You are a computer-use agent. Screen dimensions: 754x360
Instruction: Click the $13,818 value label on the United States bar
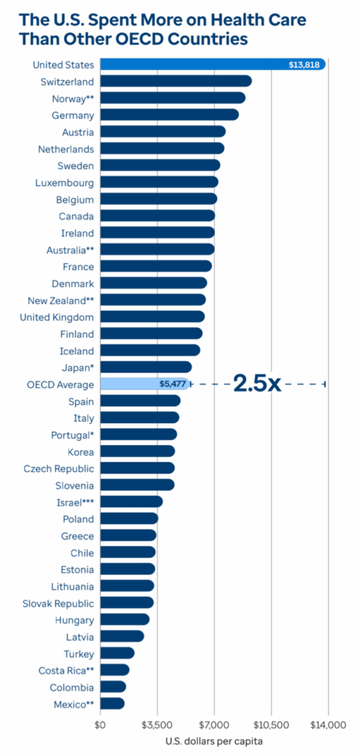[x=303, y=65]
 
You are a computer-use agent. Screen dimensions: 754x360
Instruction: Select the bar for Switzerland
[x=175, y=81]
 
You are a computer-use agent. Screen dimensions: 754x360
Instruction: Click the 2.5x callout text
[x=257, y=384]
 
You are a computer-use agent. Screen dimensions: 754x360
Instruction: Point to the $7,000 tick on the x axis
[x=213, y=725]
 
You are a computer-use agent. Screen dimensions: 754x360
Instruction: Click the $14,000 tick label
[x=328, y=725]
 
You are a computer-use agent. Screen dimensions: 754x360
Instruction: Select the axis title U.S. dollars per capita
[x=213, y=741]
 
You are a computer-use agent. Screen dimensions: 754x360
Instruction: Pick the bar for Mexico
[x=112, y=703]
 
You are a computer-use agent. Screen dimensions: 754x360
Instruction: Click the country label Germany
[x=73, y=115]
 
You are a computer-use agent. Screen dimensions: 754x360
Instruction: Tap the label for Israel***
[x=74, y=501]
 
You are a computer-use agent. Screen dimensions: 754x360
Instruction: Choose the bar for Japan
[x=145, y=367]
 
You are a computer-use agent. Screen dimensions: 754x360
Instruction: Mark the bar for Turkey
[x=117, y=652]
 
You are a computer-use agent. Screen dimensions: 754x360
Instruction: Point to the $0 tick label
[x=100, y=725]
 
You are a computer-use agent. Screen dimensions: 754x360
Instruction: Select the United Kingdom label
[x=57, y=317]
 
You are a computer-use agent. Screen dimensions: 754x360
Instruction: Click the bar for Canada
[x=157, y=216]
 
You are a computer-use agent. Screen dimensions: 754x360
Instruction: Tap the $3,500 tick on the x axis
[x=157, y=725]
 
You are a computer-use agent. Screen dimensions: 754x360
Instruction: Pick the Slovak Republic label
[x=58, y=602]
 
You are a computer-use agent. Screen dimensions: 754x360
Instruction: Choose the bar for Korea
[x=137, y=451]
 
